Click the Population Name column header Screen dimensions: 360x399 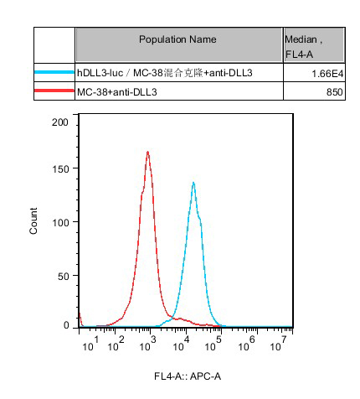point(177,39)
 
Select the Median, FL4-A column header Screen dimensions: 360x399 point(303,47)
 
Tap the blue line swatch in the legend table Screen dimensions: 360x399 point(54,72)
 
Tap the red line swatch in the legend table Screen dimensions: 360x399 point(54,91)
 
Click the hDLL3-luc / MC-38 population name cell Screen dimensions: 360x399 point(165,73)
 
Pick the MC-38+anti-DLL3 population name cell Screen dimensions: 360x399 point(117,92)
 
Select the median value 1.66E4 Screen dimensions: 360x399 point(327,74)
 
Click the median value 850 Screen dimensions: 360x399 point(334,92)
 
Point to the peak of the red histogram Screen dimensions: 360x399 point(147,152)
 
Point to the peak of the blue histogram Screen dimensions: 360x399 point(193,183)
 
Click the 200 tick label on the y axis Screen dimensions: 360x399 point(60,122)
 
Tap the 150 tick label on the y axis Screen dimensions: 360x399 point(60,168)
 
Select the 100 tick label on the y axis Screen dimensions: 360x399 point(60,222)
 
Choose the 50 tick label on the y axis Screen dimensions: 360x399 point(63,276)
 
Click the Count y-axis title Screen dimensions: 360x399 point(33,220)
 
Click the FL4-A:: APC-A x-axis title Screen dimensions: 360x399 point(188,376)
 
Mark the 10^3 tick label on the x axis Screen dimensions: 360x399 point(147,344)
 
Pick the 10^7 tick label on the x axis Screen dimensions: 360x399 point(278,344)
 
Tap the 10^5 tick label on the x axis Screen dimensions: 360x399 point(213,344)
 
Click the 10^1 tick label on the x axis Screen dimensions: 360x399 point(90,344)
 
